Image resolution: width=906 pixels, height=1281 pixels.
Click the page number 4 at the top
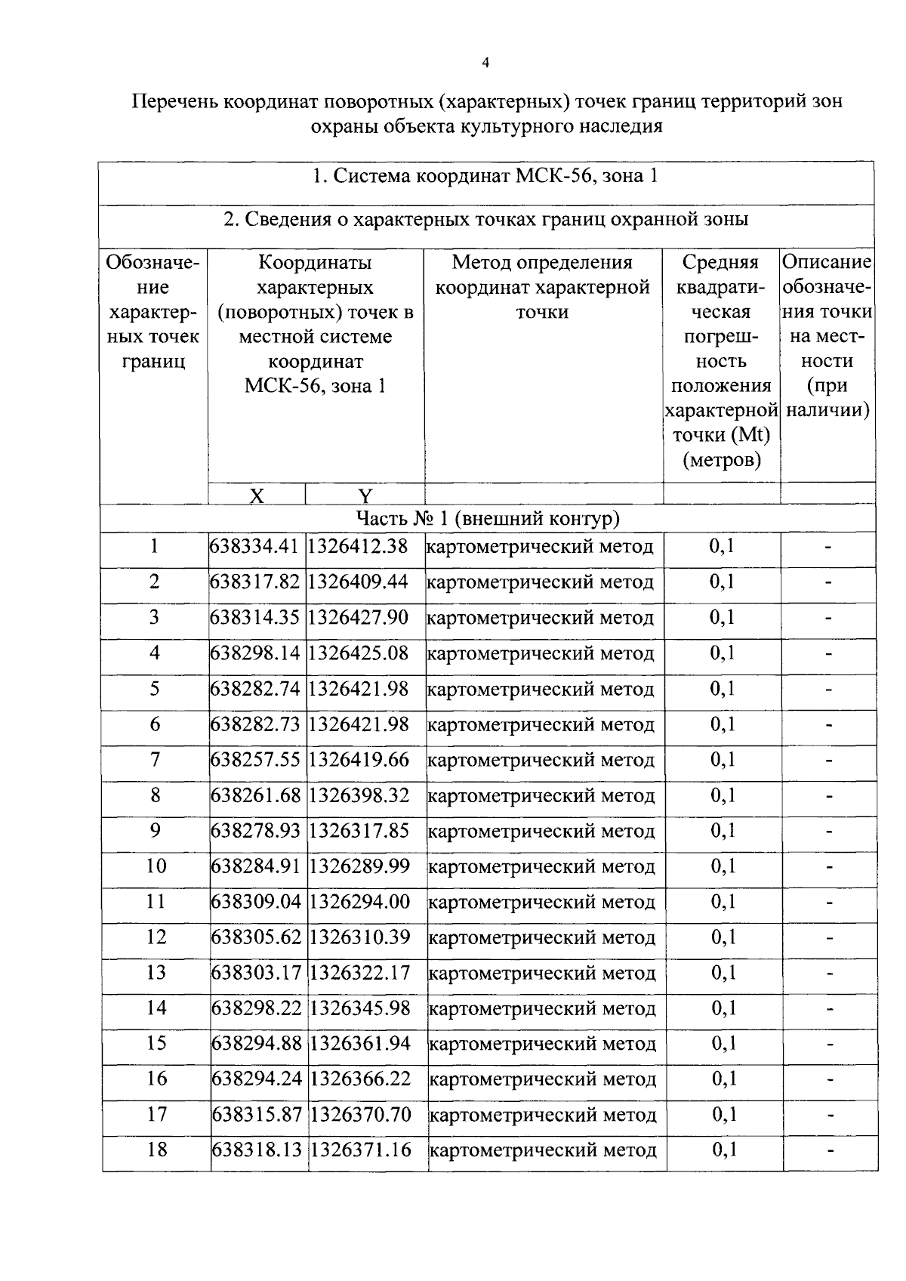coord(485,63)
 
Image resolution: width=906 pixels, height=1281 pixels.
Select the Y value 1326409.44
coord(358,582)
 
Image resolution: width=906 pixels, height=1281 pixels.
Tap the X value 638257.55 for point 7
coord(256,759)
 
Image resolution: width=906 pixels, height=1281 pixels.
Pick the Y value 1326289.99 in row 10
coord(359,866)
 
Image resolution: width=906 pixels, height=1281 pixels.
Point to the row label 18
coord(156,1150)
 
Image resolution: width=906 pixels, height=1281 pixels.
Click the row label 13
coord(156,972)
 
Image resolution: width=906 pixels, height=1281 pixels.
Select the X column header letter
coord(257,495)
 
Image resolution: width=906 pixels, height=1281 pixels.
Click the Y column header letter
coord(365,495)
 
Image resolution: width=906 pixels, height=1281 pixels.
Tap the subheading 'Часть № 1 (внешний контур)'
coord(488,519)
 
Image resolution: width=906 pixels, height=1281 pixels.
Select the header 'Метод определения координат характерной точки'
coord(542,287)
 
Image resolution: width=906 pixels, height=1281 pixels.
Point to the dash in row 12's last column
coord(829,937)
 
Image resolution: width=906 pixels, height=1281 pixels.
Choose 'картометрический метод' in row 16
coord(542,1079)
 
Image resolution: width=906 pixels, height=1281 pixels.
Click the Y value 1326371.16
coord(361,1150)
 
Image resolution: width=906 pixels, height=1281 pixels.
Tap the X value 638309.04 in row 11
coord(257,901)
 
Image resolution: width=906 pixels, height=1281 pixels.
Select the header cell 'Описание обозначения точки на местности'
coord(827,335)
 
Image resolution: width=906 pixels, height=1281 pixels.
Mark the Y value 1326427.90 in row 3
coord(359,617)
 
